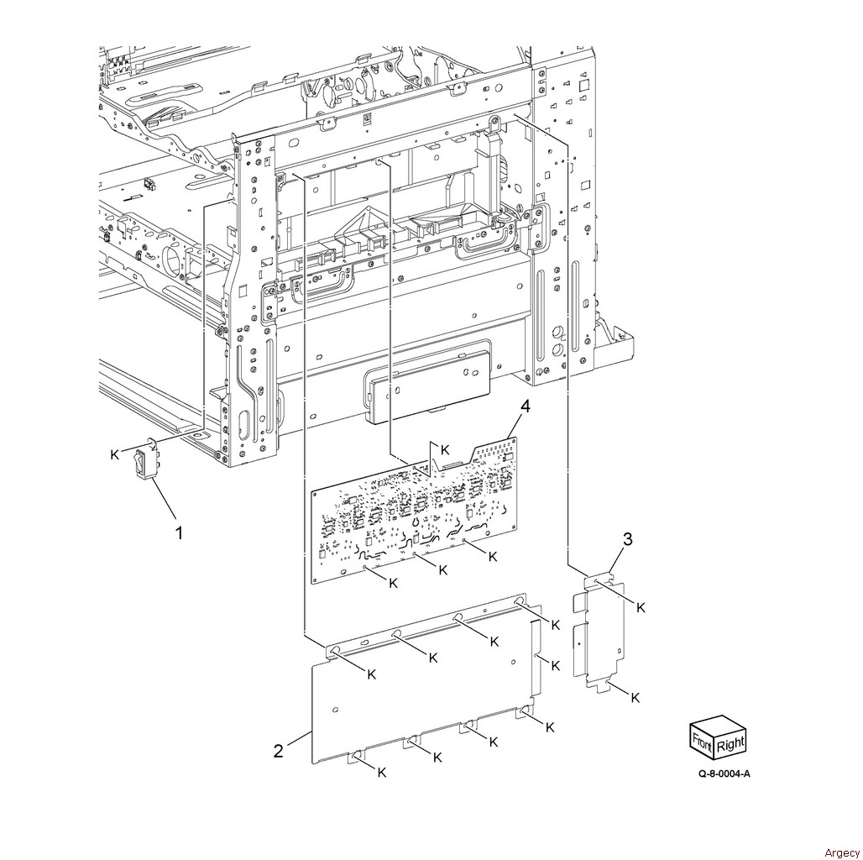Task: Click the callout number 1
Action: tap(178, 532)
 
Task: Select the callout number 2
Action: tap(279, 751)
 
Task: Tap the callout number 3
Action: tap(627, 539)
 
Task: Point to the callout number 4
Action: tap(525, 406)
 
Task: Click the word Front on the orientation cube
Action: tap(703, 739)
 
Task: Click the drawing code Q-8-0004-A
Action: tap(724, 773)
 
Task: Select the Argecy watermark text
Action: tap(841, 852)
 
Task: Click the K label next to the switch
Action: tap(114, 454)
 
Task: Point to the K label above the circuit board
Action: tap(445, 448)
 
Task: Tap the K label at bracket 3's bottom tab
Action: tap(635, 698)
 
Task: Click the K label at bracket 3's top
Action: tap(641, 607)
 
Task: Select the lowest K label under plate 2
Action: tap(381, 773)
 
